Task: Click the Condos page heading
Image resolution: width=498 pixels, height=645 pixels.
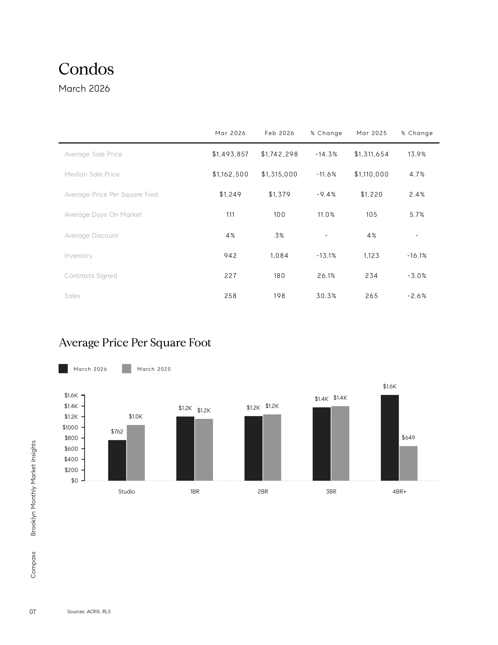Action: (86, 69)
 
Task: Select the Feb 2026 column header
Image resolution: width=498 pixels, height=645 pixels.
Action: (279, 133)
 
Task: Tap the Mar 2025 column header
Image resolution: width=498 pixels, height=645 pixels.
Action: (371, 133)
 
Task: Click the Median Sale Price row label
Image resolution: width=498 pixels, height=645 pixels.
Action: (92, 174)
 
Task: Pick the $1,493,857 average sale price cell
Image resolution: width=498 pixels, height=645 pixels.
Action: (230, 154)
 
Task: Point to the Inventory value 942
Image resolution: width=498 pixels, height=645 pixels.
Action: (230, 256)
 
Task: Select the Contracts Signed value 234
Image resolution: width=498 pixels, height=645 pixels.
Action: (371, 276)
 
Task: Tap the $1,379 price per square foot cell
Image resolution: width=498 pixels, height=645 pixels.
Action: (279, 194)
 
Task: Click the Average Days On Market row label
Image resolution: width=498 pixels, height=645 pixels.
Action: (103, 215)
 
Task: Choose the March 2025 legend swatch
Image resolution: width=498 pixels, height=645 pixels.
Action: (127, 369)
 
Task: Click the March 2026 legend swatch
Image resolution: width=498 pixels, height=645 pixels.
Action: (63, 369)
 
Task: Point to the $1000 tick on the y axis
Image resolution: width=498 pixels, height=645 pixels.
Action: (70, 427)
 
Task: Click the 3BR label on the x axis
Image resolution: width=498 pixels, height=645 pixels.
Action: (331, 492)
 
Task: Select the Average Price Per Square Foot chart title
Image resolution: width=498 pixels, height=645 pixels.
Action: (135, 342)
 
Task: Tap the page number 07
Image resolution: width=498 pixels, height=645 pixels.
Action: (33, 612)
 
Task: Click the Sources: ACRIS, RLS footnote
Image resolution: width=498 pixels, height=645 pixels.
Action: (89, 612)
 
